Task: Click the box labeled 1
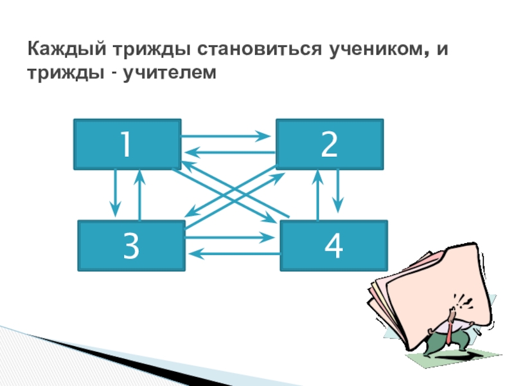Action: (x=127, y=144)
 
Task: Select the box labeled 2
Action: (x=330, y=144)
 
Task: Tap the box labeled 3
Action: (x=131, y=245)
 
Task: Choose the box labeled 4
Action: (x=333, y=245)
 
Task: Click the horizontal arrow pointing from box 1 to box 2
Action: (x=225, y=136)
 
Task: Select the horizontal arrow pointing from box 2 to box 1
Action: (x=228, y=152)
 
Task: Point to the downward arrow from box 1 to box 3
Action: (x=116, y=193)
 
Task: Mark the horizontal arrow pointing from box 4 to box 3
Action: (x=235, y=254)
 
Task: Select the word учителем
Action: (x=164, y=75)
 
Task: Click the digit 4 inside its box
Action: (x=333, y=245)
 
